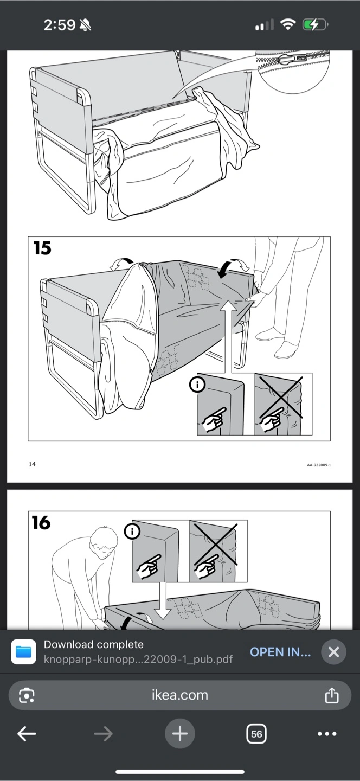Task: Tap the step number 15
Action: coord(42,248)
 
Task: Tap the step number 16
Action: coord(41,523)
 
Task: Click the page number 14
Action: coord(32,464)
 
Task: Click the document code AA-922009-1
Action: coord(319,465)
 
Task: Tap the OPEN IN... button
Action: coord(280,652)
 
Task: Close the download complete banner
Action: coord(333,652)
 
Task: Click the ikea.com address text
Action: coord(180,695)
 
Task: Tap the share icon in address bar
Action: coord(332,695)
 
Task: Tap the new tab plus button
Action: coord(180,734)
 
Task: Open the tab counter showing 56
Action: coord(256,734)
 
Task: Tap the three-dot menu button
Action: coord(327,734)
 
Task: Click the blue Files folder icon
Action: coord(23,652)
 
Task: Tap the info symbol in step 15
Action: coord(197,385)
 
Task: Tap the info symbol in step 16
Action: coord(132,532)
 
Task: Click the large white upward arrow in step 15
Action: coord(229,336)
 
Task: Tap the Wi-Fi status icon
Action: coord(288,24)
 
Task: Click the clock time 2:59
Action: coord(60,25)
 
